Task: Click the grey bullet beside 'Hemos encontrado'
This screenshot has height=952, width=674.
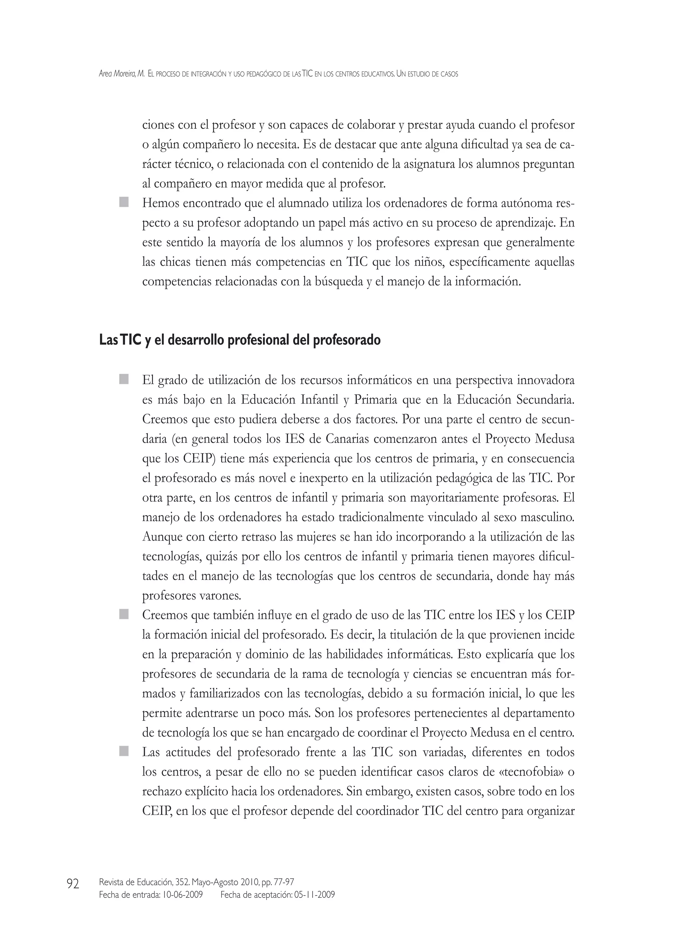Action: (x=124, y=202)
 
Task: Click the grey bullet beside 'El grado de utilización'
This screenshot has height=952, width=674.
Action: (x=124, y=379)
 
